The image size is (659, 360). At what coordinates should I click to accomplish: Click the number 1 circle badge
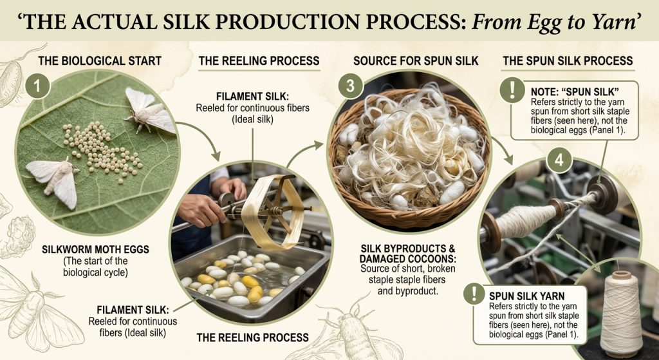coord(37,86)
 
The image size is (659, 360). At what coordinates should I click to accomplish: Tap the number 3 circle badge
coord(349,86)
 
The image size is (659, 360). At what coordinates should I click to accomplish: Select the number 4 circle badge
coord(559,160)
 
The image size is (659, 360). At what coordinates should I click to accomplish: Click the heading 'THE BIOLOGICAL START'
coord(100,61)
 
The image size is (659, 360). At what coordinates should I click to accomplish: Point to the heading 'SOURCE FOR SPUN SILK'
coord(416,61)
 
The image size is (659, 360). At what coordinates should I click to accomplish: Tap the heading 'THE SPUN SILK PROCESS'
coord(568,61)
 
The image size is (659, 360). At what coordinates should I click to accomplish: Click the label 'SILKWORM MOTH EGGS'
coord(95,249)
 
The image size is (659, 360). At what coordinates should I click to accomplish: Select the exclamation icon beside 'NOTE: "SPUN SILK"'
coord(512,90)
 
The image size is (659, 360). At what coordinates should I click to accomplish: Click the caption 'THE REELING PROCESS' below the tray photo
coord(252,337)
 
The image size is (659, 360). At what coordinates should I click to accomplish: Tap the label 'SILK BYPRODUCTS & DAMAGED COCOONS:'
coord(407,254)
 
